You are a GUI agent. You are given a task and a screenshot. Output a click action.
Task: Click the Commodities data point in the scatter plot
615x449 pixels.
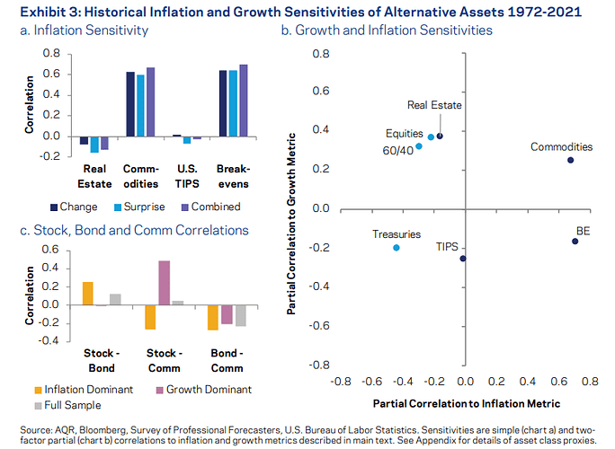point(570,160)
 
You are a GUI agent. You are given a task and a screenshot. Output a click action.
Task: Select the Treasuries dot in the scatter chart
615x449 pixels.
point(397,247)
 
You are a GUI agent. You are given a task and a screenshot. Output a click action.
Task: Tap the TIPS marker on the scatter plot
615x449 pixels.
point(463,259)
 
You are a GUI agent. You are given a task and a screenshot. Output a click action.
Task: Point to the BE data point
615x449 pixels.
point(575,242)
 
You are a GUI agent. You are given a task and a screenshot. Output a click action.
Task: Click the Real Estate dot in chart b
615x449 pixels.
point(440,136)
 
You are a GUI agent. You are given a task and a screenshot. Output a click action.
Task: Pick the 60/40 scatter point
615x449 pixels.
point(418,145)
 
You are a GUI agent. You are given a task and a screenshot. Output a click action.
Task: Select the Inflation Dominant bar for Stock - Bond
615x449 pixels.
point(87,294)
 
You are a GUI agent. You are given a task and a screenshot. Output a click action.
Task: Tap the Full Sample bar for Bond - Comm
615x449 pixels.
point(240,315)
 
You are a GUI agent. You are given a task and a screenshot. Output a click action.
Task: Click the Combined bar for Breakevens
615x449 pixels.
point(244,101)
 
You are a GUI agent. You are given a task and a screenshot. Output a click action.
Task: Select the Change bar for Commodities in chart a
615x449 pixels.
point(130,104)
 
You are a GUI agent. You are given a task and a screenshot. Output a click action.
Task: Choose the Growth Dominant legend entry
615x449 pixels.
point(202,390)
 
